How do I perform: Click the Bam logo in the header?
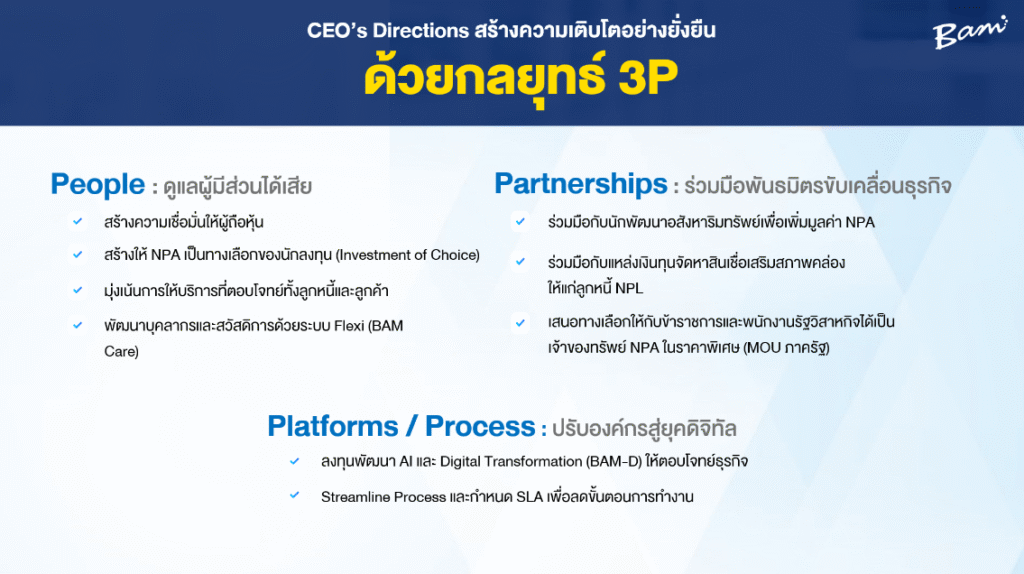tap(970, 33)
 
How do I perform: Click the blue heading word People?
tap(98, 185)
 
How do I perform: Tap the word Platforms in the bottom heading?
tap(332, 426)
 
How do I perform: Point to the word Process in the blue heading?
tap(480, 426)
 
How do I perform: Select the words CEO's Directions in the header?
tap(388, 31)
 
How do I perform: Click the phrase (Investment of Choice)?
tap(408, 255)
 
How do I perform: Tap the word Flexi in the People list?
tap(349, 325)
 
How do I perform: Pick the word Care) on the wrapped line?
tap(121, 351)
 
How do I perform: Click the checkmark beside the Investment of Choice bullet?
tap(78, 254)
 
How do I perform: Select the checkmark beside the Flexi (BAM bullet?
tap(78, 325)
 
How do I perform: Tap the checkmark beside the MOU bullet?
tap(520, 323)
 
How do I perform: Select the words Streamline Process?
tap(383, 497)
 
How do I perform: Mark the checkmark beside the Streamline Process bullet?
tap(295, 496)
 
